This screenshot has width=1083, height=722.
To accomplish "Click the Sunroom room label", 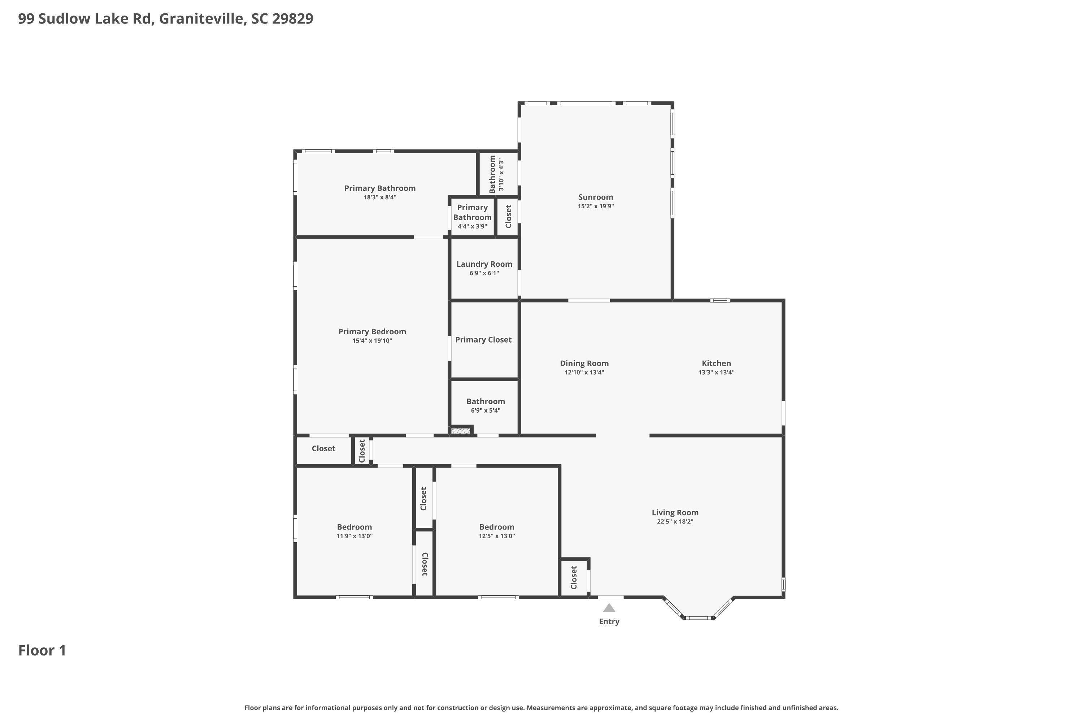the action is tap(595, 197).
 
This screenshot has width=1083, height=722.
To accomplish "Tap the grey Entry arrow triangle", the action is tap(609, 608).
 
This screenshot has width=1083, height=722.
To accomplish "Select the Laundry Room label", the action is tap(484, 264).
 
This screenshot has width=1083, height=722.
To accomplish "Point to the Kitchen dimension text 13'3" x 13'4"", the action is tap(716, 373).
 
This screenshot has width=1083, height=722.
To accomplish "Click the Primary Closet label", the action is tap(483, 339).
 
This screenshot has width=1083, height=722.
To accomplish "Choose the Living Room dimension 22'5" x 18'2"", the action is tap(675, 522).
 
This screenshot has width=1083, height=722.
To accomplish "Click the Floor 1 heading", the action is tap(42, 650).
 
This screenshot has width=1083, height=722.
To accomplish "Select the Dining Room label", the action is tap(584, 363).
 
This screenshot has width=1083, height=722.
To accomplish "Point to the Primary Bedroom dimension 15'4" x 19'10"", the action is tap(372, 341).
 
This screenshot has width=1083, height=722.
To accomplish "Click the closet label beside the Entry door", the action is tap(574, 577).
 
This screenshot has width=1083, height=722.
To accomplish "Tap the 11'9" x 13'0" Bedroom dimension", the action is tap(354, 536).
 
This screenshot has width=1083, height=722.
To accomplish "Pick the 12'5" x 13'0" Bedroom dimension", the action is tap(496, 536).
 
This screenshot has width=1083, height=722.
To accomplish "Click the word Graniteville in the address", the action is tap(201, 18).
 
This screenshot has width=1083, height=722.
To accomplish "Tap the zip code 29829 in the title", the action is tap(292, 18).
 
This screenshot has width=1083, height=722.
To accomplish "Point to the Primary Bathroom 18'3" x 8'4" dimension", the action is tap(380, 197).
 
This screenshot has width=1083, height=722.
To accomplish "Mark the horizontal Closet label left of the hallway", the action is tap(323, 448).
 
